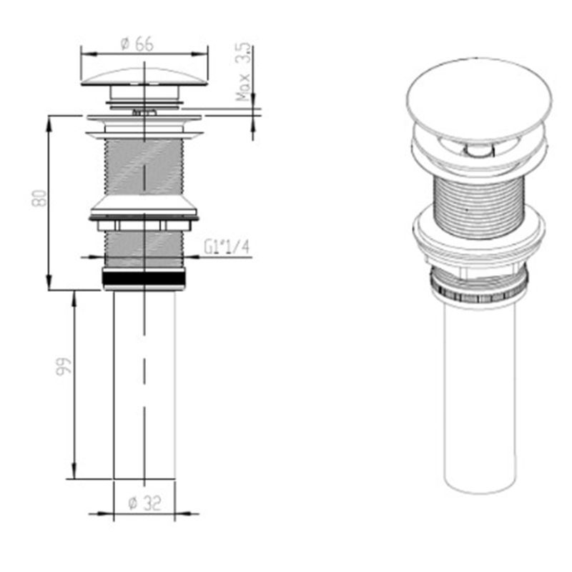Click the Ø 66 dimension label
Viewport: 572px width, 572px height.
click(x=137, y=44)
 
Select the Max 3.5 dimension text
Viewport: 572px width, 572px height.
click(x=243, y=72)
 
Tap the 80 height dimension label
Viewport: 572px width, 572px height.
click(x=39, y=198)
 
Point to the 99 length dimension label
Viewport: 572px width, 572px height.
click(x=64, y=366)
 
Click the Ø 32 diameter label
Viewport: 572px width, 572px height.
click(x=145, y=503)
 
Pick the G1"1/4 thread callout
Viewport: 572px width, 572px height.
click(x=227, y=247)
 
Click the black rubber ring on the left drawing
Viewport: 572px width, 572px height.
click(x=144, y=278)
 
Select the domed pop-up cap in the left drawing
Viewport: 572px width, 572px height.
click(x=144, y=76)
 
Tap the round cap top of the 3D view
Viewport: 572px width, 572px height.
click(x=478, y=99)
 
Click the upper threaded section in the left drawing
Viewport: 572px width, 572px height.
click(x=144, y=167)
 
